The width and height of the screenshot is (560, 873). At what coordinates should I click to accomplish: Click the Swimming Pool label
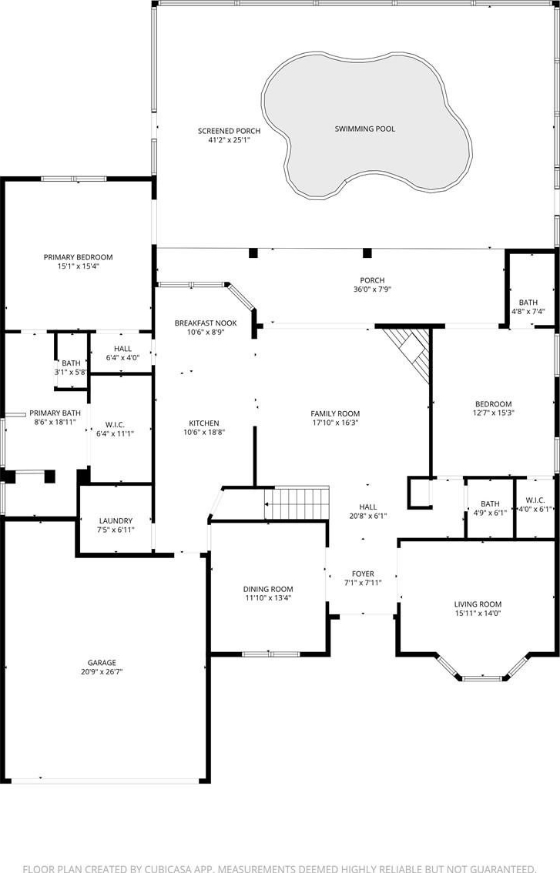click(365, 129)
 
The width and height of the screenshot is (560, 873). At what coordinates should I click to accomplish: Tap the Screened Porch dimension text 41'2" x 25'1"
click(229, 140)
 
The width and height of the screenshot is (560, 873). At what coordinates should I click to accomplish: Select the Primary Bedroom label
click(78, 257)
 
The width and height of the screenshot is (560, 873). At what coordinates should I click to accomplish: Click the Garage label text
click(102, 663)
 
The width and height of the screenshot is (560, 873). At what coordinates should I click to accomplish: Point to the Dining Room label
click(268, 589)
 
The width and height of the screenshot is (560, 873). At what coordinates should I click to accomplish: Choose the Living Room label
click(478, 604)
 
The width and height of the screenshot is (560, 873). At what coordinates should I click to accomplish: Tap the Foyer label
click(363, 574)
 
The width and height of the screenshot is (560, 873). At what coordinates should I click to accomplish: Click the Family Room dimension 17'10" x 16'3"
click(335, 423)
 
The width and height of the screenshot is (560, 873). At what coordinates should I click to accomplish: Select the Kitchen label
click(204, 423)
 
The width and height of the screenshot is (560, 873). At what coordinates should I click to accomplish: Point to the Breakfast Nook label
click(206, 323)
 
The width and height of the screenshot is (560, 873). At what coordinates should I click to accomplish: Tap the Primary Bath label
click(55, 413)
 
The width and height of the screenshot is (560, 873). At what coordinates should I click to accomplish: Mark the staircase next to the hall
click(297, 503)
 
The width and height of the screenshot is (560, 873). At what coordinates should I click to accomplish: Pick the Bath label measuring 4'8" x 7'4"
click(528, 303)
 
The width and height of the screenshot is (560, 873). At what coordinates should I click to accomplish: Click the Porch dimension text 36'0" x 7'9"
click(372, 289)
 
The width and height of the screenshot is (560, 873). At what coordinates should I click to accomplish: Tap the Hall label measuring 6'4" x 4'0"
click(123, 349)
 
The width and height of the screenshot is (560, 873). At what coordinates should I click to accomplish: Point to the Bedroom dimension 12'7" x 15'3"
click(493, 413)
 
